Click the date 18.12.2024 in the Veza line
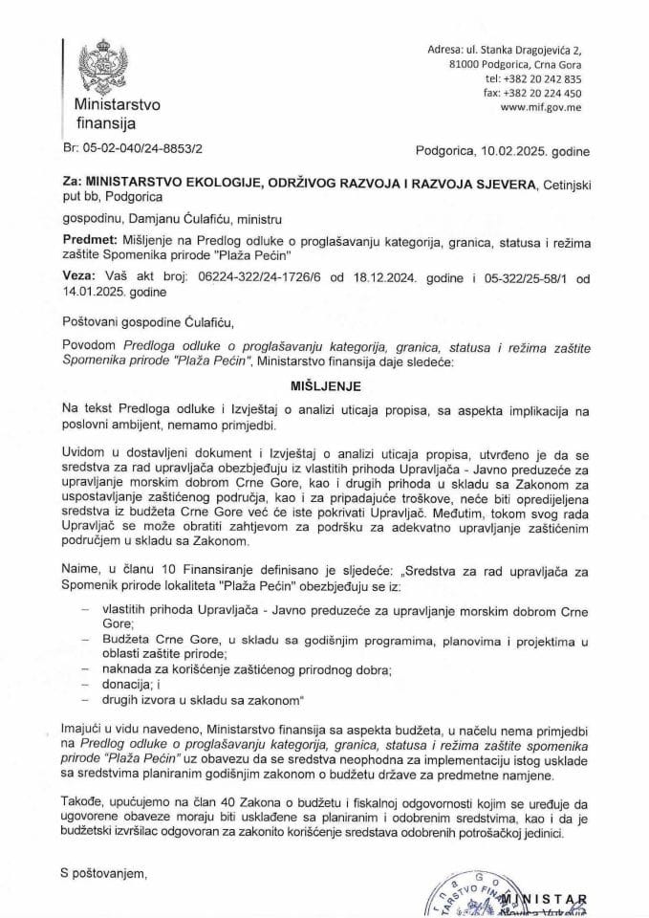pos(365,275)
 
